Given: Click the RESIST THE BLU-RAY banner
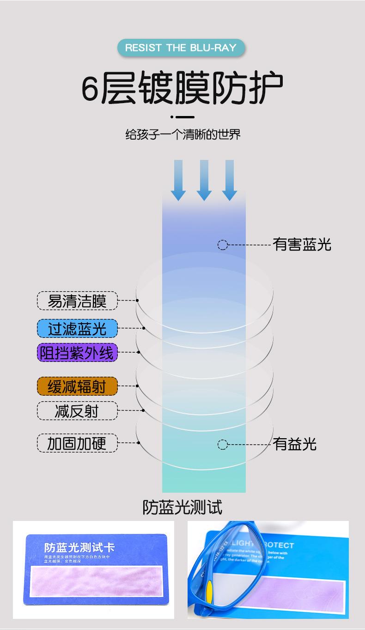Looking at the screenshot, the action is (x=180, y=48).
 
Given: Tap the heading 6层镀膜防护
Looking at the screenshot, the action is (x=182, y=88).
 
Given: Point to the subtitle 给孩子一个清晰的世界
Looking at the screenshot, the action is (x=183, y=135).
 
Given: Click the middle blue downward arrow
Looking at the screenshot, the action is (x=204, y=180).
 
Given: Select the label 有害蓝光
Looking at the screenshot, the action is (x=302, y=245).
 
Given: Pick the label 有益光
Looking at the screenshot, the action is (x=295, y=444).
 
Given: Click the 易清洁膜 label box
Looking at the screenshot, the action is (x=77, y=301).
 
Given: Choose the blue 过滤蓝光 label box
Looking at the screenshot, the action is (x=77, y=329).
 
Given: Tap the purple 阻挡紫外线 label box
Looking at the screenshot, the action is (x=77, y=353).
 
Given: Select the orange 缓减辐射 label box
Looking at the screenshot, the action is (x=77, y=386).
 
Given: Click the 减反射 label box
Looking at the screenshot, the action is (x=77, y=410).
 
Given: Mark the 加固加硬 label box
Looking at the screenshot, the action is (x=77, y=443).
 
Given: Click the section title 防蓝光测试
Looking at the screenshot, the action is (x=182, y=507).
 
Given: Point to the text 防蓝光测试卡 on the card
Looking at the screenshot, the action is (x=79, y=548).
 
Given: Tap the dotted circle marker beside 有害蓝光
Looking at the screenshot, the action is (x=223, y=245).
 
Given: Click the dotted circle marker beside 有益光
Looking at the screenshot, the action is (x=223, y=445).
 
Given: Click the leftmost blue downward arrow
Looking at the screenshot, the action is (x=178, y=180).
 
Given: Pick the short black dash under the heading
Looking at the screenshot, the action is (x=185, y=117).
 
